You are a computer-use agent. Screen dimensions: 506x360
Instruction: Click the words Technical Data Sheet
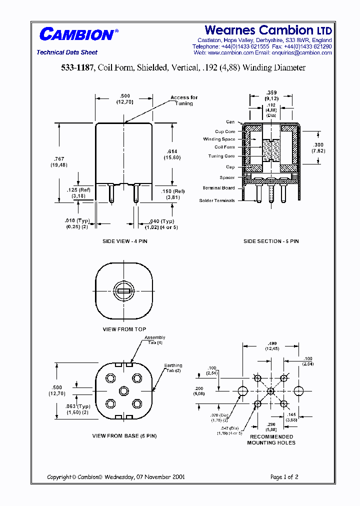67,52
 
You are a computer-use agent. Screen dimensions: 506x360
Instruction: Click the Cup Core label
224,131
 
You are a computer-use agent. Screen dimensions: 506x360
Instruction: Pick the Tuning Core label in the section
221,156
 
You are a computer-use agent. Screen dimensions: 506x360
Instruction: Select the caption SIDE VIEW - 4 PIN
125,241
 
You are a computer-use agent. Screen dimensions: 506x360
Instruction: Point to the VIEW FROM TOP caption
124,329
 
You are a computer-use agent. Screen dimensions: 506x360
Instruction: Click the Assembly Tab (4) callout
154,340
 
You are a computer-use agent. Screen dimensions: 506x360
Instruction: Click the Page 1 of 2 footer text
284,477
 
